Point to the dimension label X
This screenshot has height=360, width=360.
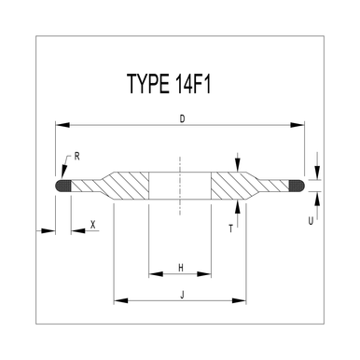point(92,225)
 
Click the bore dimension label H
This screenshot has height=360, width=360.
point(180,269)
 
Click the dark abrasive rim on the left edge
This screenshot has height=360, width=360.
point(63,187)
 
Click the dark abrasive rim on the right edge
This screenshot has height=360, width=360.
point(299,187)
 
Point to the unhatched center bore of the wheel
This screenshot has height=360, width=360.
point(180,186)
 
